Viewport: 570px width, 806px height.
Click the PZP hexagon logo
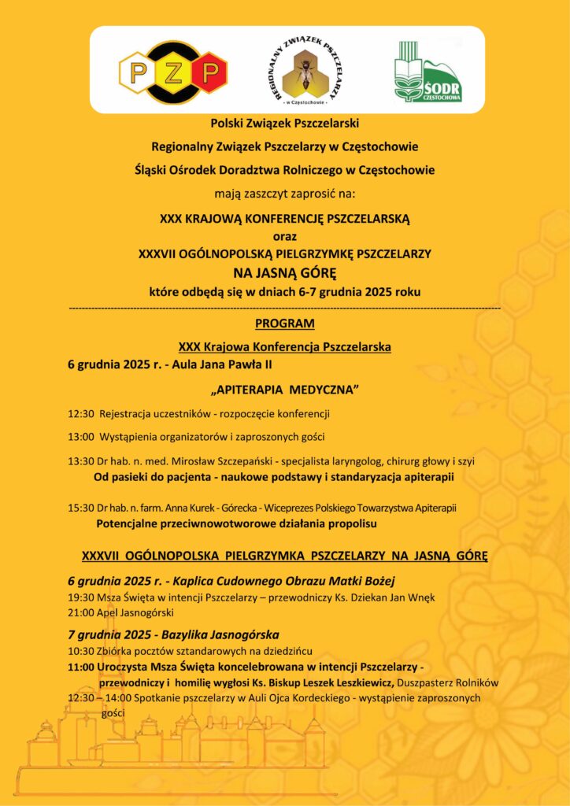(x=173, y=73)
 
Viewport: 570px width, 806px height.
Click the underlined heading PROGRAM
(x=285, y=324)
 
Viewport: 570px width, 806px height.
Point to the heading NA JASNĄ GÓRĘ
(x=285, y=273)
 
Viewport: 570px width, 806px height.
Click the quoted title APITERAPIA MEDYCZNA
(x=285, y=390)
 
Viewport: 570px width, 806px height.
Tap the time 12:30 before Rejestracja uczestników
(x=81, y=413)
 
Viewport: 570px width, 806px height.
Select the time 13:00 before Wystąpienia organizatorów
(x=81, y=437)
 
